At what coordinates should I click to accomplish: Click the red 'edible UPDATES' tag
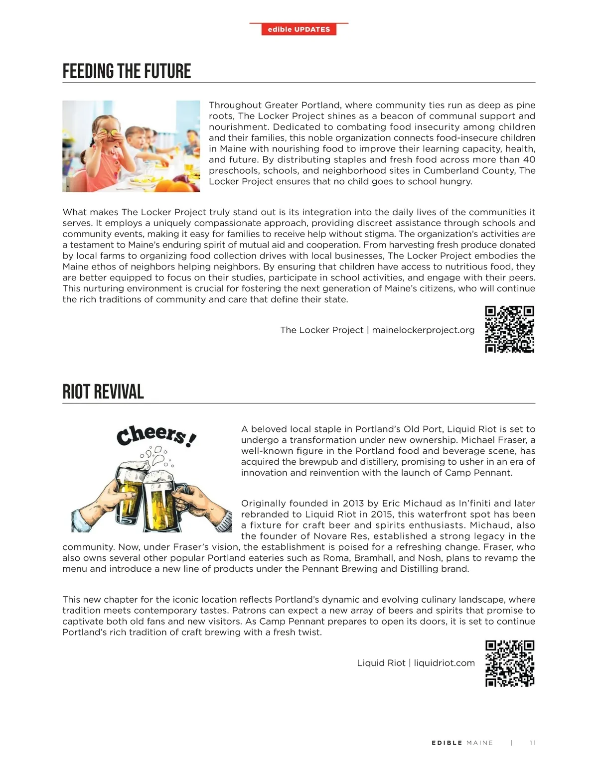pos(299,29)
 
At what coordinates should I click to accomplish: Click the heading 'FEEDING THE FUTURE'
pos(127,71)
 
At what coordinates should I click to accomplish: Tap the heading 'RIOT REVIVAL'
pos(103,392)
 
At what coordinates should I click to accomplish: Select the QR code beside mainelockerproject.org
pos(509,329)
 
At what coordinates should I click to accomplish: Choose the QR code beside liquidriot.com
pos(509,663)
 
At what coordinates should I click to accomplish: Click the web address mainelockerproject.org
pos(423,330)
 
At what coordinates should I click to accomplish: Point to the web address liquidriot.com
pos(444,663)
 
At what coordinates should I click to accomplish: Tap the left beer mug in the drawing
pos(128,491)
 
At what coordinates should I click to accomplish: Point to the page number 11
pos(532,743)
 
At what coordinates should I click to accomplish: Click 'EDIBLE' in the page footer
pos(447,743)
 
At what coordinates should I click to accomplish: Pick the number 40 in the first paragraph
pos(529,160)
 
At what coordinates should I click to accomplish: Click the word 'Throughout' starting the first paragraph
pos(234,105)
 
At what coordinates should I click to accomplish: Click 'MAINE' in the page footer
pos(480,743)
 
